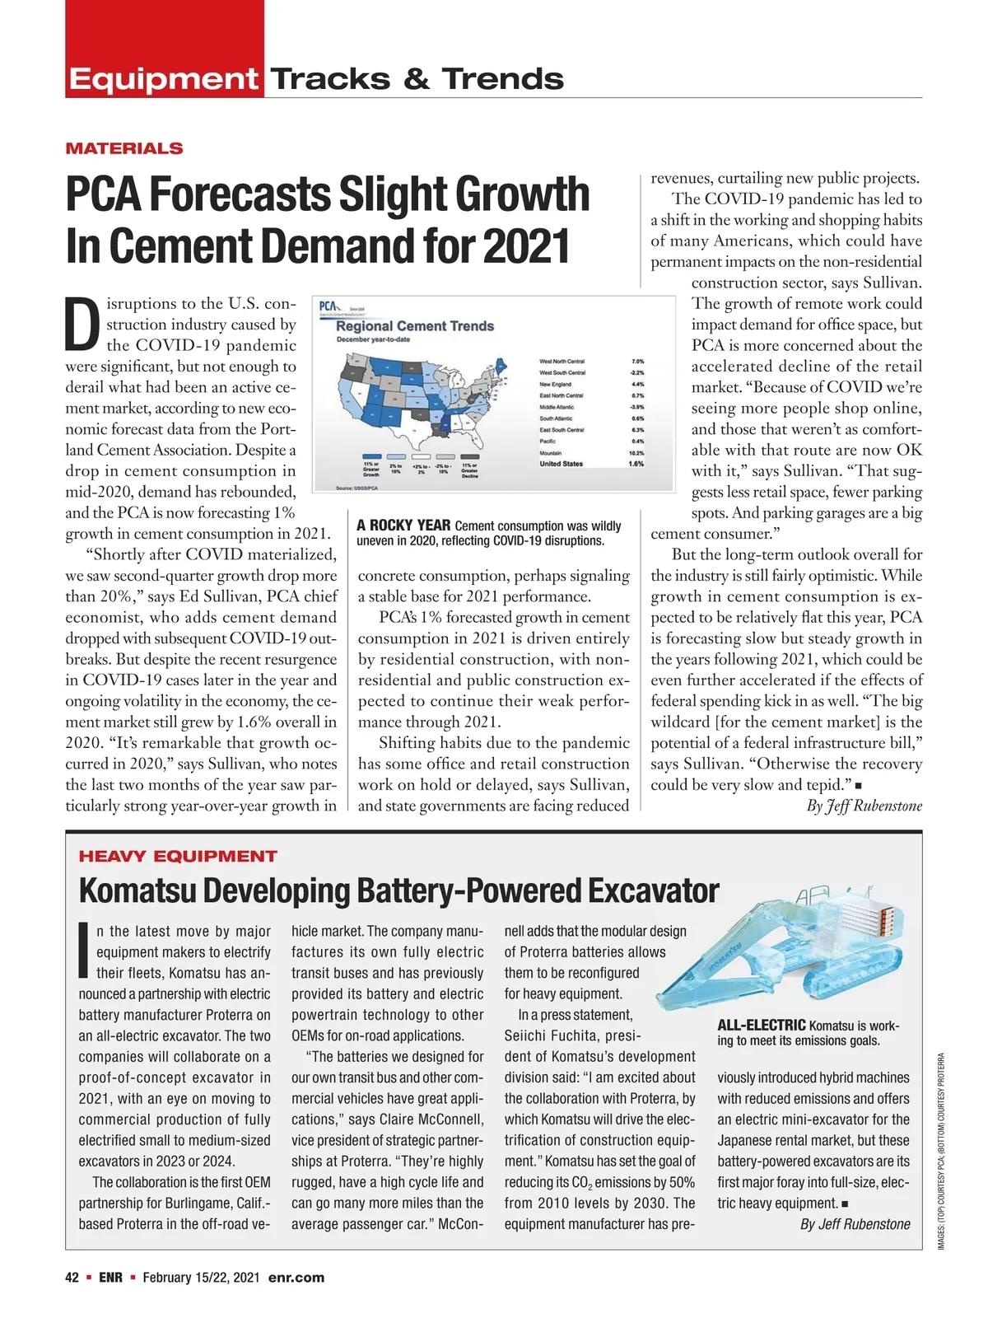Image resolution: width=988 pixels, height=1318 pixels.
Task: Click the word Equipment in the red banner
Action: click(163, 79)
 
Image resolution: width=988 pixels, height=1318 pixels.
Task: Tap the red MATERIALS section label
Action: click(124, 148)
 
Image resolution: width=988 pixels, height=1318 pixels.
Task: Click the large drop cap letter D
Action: click(83, 325)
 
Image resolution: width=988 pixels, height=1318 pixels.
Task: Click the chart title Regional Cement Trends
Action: click(415, 325)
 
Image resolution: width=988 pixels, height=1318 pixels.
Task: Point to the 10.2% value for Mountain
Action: click(636, 452)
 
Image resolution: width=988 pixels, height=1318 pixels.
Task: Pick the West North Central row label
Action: click(562, 361)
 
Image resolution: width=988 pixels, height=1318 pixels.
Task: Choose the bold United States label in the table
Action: click(561, 464)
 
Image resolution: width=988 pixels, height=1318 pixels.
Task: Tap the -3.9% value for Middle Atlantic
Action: click(636, 407)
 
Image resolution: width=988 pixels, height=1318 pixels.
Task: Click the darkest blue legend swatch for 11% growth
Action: click(371, 456)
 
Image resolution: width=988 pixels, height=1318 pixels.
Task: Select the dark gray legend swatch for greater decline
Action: click(469, 456)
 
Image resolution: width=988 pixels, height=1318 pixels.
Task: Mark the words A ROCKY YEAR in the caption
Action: click(403, 526)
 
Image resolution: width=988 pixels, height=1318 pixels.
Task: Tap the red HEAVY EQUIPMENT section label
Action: click(178, 856)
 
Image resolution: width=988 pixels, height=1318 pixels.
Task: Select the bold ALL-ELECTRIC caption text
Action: click(762, 1026)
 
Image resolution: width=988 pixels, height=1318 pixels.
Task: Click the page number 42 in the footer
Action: click(72, 1278)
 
